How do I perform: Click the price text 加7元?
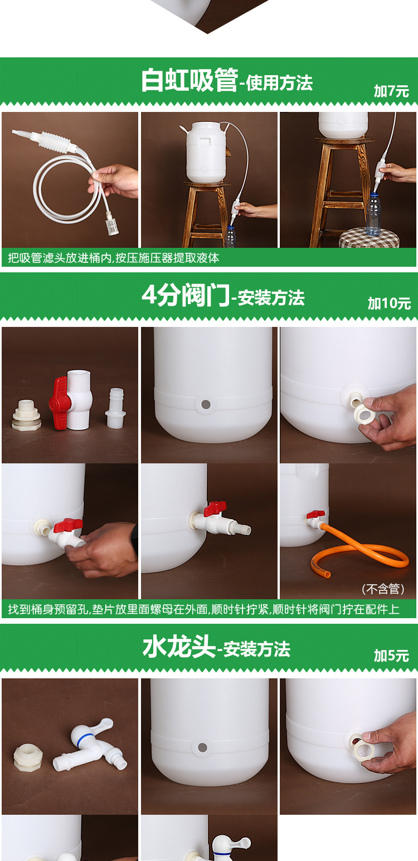(x=391, y=91)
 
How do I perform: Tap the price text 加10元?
(x=389, y=304)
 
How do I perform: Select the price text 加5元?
(x=391, y=655)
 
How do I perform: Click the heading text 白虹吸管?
(x=189, y=81)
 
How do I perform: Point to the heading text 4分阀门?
(x=186, y=295)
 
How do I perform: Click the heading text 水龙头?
(x=179, y=648)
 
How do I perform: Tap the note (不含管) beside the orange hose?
(x=383, y=589)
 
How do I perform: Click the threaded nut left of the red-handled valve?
(x=26, y=415)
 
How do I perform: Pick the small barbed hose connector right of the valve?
(x=115, y=408)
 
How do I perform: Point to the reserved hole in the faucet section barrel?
(x=202, y=747)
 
